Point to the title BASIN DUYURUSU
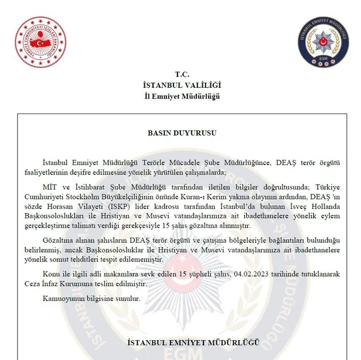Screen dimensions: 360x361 [x=182, y=133]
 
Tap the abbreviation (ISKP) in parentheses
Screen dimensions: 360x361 [x=116, y=206]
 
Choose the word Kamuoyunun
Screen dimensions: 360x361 [x=62, y=299]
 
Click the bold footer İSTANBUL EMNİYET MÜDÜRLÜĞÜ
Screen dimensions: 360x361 [x=182, y=341]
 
